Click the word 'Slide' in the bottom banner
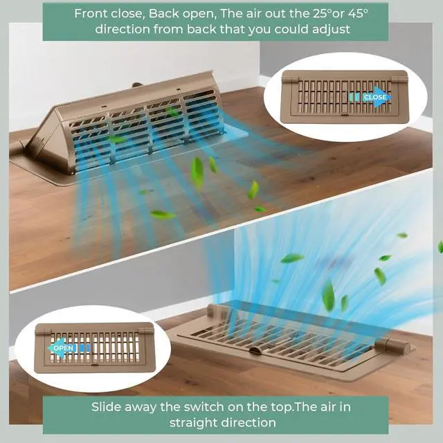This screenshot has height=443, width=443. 106,407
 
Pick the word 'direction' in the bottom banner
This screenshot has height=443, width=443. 248,423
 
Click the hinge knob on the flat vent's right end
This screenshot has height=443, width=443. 392,347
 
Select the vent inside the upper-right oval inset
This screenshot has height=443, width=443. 345,97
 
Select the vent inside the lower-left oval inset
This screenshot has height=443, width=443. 94,348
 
